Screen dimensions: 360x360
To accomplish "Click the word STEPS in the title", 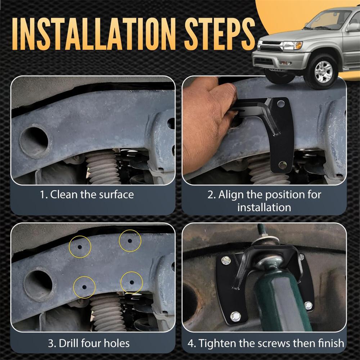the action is tap(220, 34).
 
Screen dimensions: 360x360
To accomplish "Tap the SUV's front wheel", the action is tap(323, 71).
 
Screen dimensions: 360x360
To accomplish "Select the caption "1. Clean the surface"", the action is tap(87, 195).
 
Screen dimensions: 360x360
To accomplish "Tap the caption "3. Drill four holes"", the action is tap(89, 344).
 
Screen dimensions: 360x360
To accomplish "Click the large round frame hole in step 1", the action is tap(35, 140).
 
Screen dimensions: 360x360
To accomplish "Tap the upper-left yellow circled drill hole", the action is tap(80, 247).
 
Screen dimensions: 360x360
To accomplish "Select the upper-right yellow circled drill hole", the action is tap(130, 241).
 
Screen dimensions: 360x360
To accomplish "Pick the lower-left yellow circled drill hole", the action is tap(84, 287).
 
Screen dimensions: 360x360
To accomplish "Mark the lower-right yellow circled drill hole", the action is tap(132, 282).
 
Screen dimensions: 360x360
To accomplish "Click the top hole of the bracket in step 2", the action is tap(281, 104).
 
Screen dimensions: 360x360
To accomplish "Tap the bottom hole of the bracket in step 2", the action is tap(282, 165).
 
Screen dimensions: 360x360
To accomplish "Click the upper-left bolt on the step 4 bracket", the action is tap(226, 260).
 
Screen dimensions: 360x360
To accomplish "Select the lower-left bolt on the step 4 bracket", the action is tap(235, 317).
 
